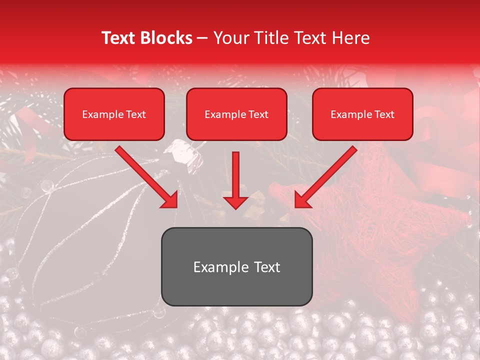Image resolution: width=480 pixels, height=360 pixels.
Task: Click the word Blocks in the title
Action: [167, 38]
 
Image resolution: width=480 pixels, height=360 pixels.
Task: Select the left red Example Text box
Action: [114, 114]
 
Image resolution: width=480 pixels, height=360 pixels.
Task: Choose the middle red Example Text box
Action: [236, 114]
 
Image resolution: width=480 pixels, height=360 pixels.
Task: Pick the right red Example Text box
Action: [362, 114]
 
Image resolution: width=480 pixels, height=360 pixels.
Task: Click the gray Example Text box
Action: [236, 267]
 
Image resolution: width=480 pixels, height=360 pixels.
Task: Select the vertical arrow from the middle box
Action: [235, 180]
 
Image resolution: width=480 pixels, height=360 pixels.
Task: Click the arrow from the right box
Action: [325, 177]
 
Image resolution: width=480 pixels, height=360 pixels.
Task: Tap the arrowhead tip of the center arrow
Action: [235, 207]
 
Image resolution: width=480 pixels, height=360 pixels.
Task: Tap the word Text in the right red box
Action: [384, 114]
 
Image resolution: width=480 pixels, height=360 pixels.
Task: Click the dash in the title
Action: [203, 38]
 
